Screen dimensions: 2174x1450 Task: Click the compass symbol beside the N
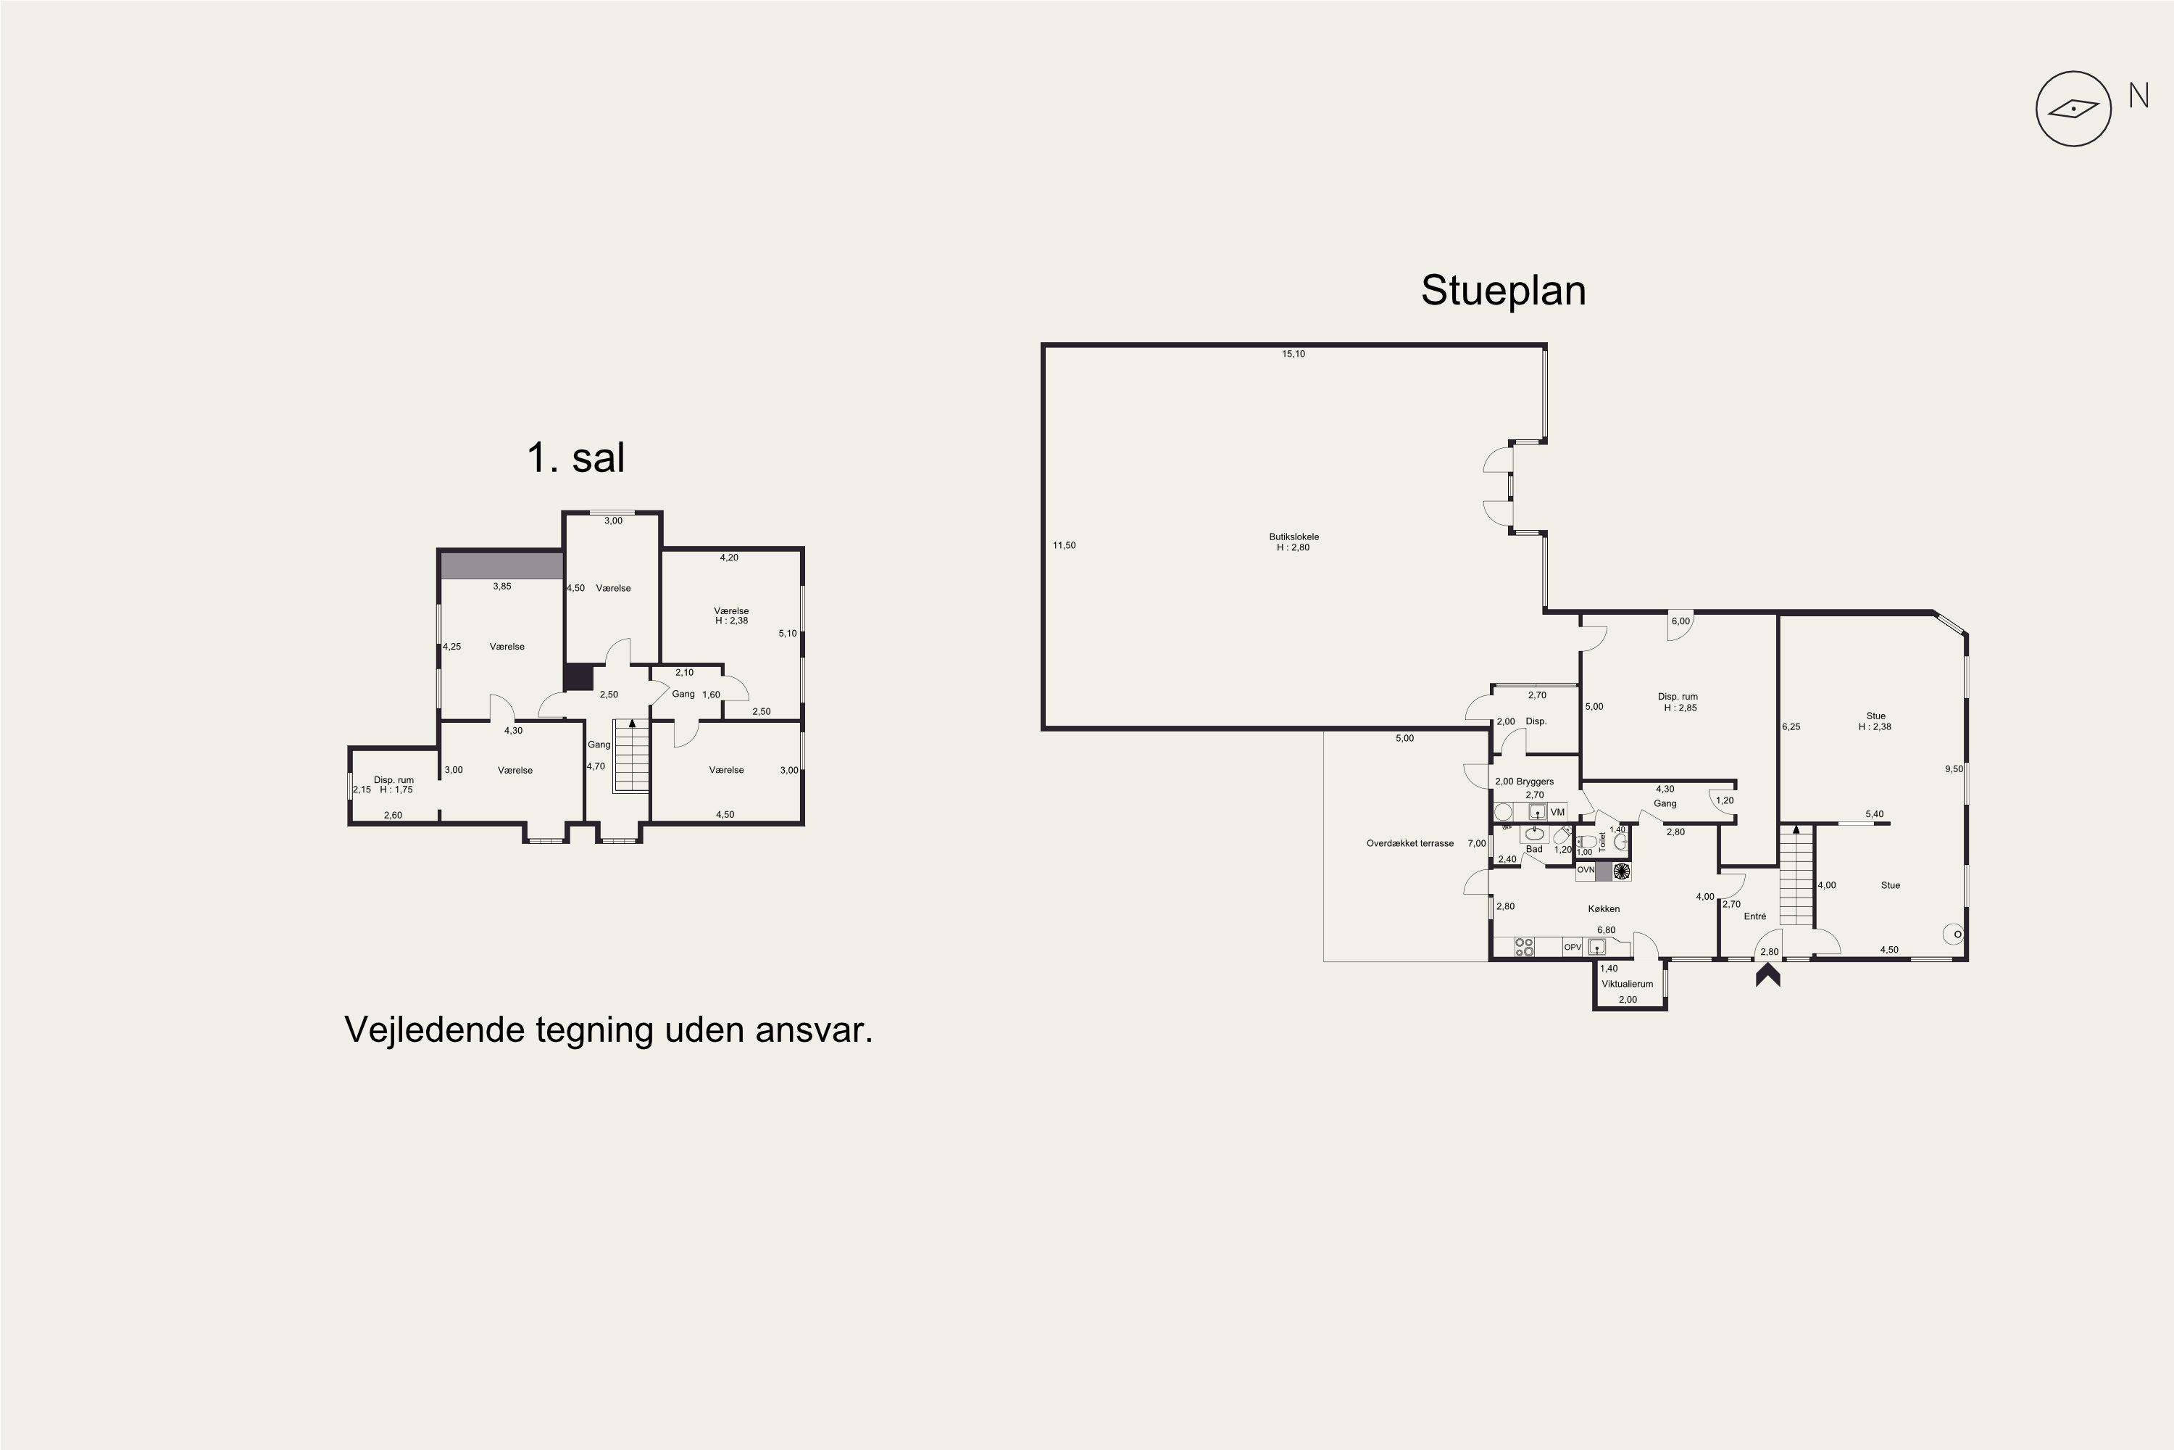2074,109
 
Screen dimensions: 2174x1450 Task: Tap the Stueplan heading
1503,291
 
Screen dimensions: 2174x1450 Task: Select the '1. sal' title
576,457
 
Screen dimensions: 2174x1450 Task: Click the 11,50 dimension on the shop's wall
1064,546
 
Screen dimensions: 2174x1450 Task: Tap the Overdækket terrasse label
1409,843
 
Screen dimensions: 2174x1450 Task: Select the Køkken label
1604,909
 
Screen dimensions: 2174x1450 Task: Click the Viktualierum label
1627,984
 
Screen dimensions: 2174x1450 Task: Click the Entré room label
1754,916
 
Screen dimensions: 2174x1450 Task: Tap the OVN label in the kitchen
1586,870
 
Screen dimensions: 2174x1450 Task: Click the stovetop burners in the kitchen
1524,947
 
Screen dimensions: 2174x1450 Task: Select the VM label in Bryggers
1557,813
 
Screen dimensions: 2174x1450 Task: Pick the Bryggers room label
1536,782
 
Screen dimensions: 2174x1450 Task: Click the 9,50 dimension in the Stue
1953,769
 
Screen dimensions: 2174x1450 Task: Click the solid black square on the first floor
578,678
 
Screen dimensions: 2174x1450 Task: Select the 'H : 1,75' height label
396,790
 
